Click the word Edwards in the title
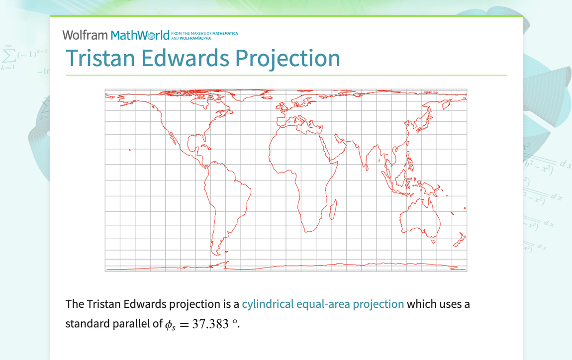click(185, 58)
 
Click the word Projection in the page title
click(287, 58)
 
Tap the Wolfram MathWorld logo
click(116, 35)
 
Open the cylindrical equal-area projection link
click(323, 304)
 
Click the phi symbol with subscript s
click(170, 325)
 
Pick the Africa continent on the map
click(298, 164)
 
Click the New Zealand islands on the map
click(460, 239)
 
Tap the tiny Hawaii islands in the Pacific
click(129, 150)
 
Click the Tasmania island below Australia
click(433, 242)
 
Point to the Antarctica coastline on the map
click(298, 266)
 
